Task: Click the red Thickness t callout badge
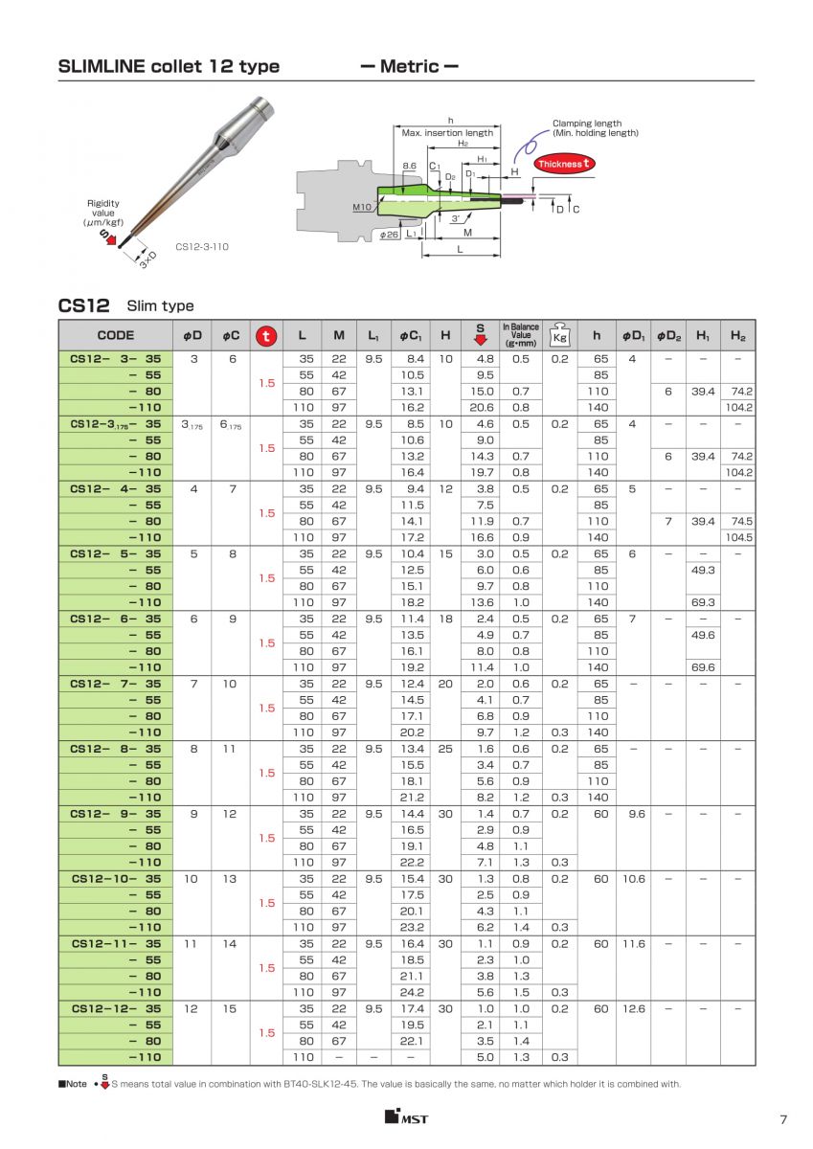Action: pyautogui.click(x=565, y=164)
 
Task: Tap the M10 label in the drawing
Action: pyautogui.click(x=361, y=207)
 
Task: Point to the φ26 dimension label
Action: pyautogui.click(x=389, y=234)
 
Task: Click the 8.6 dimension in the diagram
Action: pyautogui.click(x=409, y=166)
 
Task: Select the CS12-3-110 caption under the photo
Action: pyautogui.click(x=202, y=246)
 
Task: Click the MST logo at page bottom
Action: pyautogui.click(x=406, y=1116)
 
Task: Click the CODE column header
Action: pyautogui.click(x=116, y=335)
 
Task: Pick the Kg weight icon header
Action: pyautogui.click(x=559, y=336)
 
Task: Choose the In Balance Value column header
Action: pyautogui.click(x=521, y=334)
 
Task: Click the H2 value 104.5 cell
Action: pyautogui.click(x=737, y=537)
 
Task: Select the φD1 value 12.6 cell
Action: pyautogui.click(x=634, y=1008)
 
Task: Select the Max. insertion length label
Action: pyautogui.click(x=447, y=133)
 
